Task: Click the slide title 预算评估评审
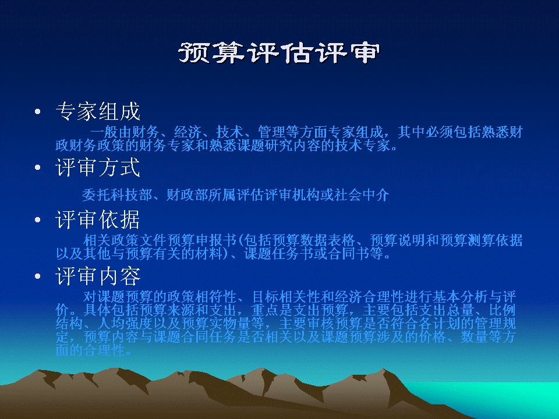pos(279,53)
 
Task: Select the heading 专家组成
pos(98,111)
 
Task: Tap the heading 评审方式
pos(98,167)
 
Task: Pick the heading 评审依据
pos(98,219)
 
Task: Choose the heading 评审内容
pos(98,276)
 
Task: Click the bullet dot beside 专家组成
pos(37,112)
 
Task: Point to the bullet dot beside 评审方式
pos(37,168)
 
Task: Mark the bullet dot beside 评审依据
pos(37,220)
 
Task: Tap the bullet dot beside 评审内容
pos(37,276)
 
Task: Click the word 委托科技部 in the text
pos(117,195)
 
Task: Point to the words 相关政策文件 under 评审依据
pos(125,240)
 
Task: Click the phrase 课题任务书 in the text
pos(279,254)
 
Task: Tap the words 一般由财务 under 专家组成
pos(125,132)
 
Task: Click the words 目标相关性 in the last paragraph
pos(286,296)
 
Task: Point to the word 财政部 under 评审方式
pos(187,195)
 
